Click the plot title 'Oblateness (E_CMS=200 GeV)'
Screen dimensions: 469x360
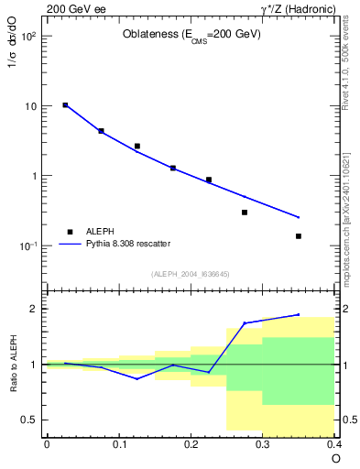[x=191, y=35]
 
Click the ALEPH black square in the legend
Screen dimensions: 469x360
[x=69, y=232]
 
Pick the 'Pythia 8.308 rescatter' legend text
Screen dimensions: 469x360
[x=127, y=244]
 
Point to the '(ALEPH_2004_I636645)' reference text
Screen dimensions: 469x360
[x=190, y=273]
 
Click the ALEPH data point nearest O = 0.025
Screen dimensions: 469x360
[x=65, y=105]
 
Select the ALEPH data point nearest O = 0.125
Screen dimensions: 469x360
[x=136, y=146]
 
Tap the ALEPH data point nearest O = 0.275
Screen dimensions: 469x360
[x=245, y=213]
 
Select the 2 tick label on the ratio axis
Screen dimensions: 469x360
[x=33, y=309]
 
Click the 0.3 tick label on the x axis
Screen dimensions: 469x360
[x=262, y=443]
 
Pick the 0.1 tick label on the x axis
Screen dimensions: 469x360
[x=118, y=443]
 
